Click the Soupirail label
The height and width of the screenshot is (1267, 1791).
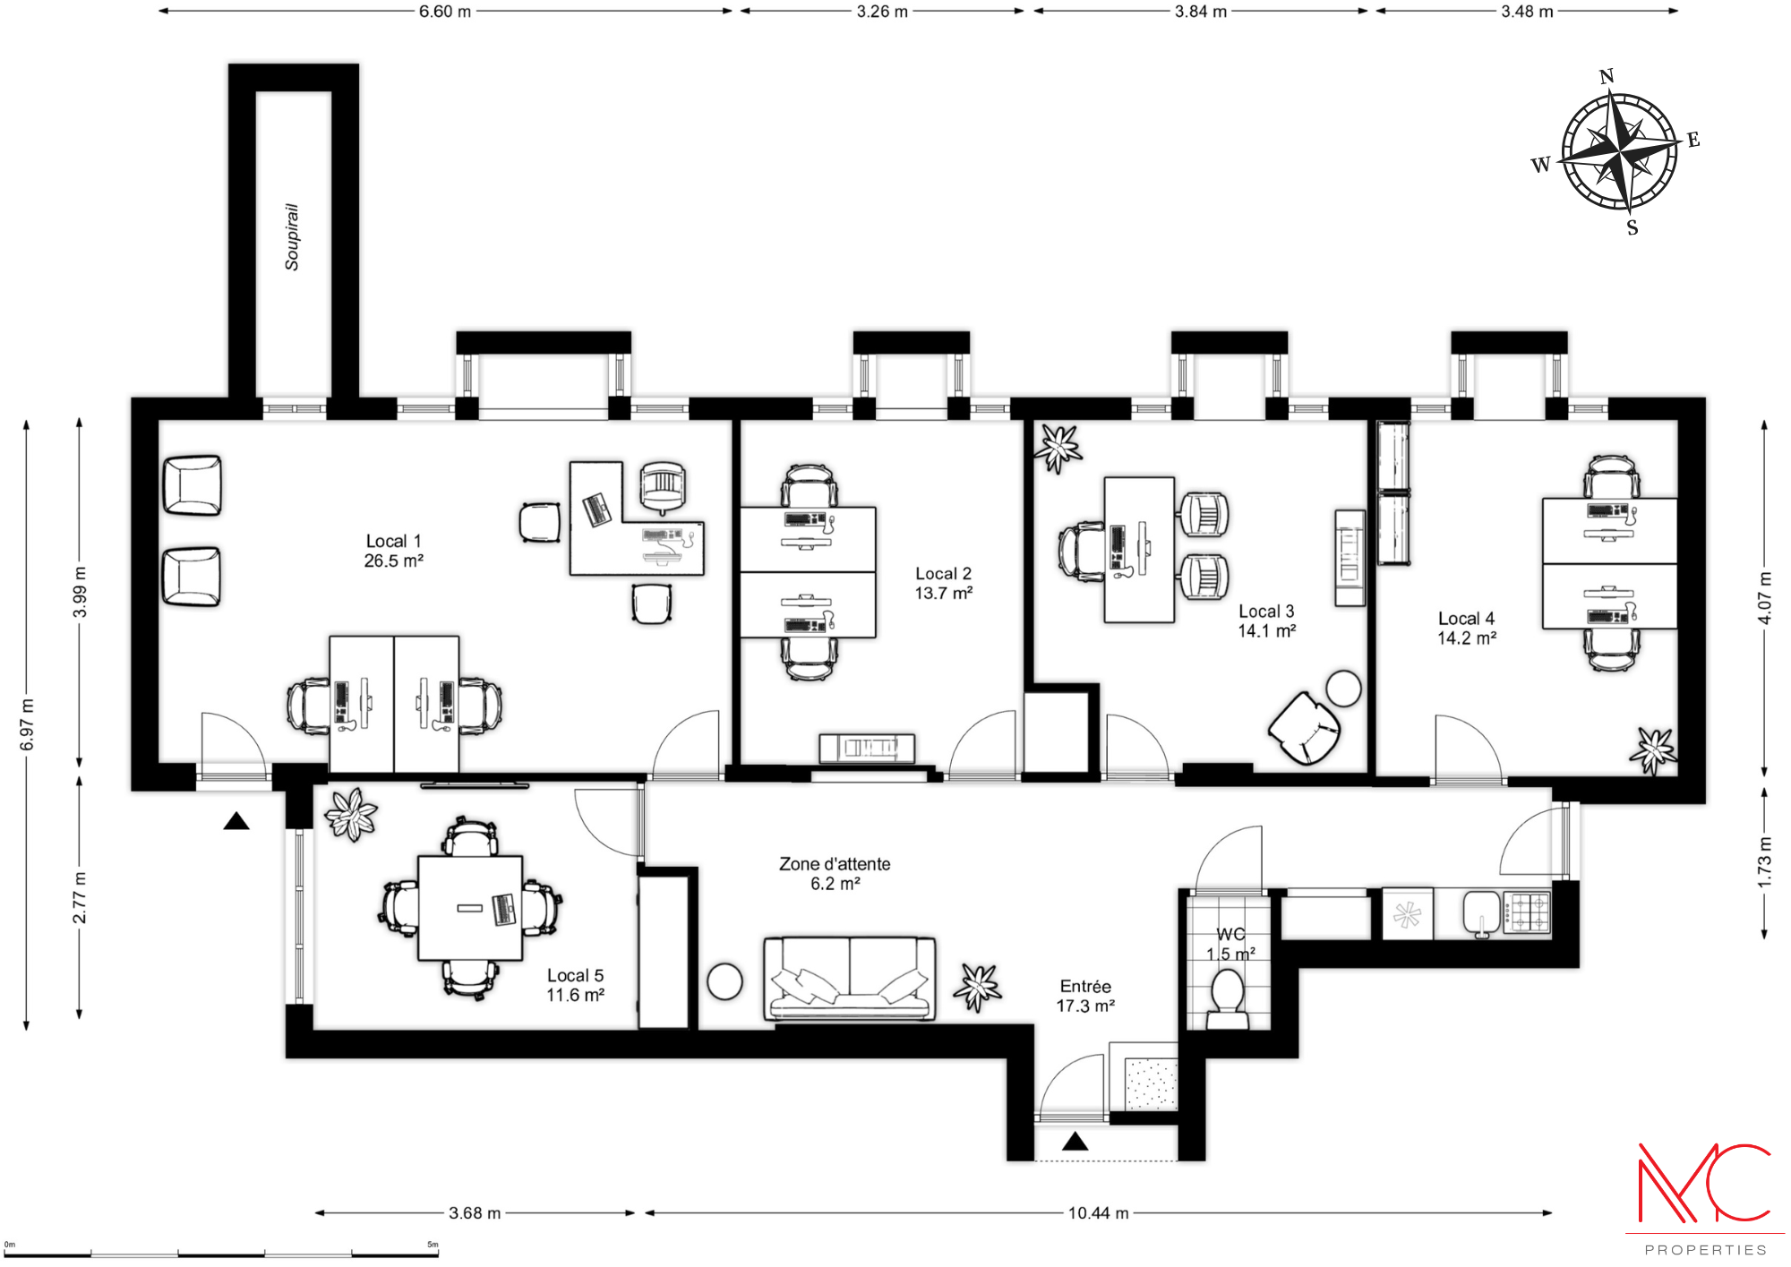coord(292,236)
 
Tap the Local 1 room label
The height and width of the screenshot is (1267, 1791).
coord(393,541)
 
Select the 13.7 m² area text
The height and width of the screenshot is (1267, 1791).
coord(944,593)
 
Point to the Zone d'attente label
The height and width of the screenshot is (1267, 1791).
coord(835,864)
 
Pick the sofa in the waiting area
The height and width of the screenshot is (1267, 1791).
coord(849,979)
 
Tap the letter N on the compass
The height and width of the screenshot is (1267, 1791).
coord(1607,77)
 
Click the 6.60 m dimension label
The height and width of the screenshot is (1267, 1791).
coord(445,12)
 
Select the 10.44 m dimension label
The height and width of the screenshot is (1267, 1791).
coord(1098,1213)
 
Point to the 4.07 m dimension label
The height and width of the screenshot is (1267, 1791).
coord(1764,598)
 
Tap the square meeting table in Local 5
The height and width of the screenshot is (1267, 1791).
coord(470,908)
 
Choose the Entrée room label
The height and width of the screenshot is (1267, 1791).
coord(1085,987)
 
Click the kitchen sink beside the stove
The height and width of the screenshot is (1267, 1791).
coord(1482,913)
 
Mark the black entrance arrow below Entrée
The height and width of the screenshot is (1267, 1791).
coord(1075,1142)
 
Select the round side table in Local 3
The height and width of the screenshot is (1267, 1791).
coord(1343,689)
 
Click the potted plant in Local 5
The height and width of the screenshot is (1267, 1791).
coord(351,814)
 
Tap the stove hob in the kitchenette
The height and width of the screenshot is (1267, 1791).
coord(1526,913)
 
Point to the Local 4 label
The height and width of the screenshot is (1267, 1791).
coord(1466,619)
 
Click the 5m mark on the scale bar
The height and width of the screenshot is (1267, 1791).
coord(433,1245)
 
